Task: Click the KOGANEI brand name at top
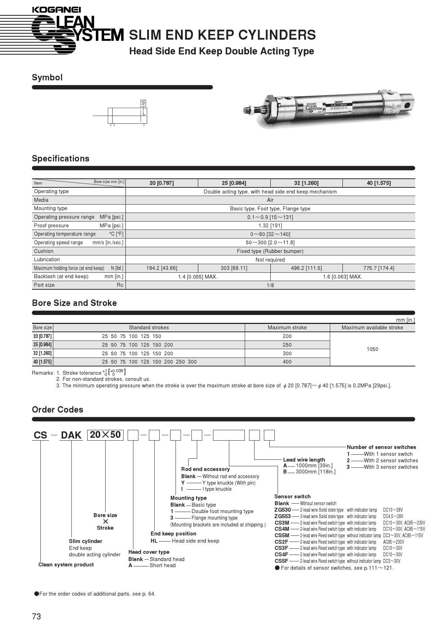[56, 10]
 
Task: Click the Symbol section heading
[47, 77]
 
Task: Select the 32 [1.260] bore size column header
[306, 183]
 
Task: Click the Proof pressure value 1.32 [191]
[270, 226]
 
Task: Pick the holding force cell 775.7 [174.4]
[379, 268]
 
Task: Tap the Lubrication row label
[47, 259]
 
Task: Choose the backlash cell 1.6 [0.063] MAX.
[342, 277]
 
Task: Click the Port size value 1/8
[270, 285]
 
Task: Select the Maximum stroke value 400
[287, 362]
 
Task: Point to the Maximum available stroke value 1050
[372, 349]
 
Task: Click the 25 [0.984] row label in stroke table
[43, 345]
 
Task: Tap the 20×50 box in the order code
[105, 435]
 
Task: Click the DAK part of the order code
[71, 435]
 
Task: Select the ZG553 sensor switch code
[282, 516]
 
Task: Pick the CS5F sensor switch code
[281, 561]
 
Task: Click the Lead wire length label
[304, 460]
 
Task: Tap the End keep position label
[173, 534]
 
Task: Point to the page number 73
[36, 617]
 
